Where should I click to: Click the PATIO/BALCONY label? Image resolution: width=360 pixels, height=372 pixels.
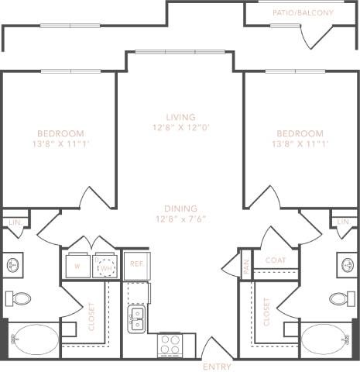(x=303, y=13)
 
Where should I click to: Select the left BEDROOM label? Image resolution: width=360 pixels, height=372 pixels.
(x=60, y=133)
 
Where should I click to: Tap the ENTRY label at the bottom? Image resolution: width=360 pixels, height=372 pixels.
(x=216, y=366)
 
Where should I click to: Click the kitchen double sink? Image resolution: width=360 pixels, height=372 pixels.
(x=137, y=317)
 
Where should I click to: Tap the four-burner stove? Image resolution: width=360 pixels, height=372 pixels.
(x=170, y=343)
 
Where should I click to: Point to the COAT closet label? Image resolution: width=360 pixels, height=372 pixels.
(x=276, y=261)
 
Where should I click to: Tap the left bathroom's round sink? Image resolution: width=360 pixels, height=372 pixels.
(x=13, y=266)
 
